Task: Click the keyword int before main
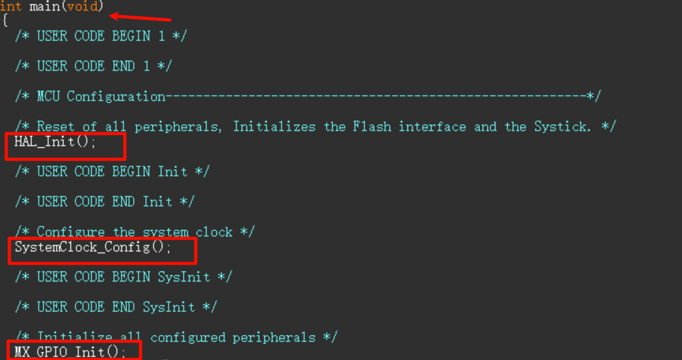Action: point(11,7)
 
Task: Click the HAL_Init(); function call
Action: point(55,142)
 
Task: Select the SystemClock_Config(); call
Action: point(92,247)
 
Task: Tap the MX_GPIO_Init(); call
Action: point(70,352)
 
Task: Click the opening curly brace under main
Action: point(4,21)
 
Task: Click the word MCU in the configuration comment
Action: point(48,97)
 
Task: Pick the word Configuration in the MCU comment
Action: point(116,97)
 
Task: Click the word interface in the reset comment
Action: point(432,127)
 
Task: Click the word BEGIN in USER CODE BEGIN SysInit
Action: point(131,277)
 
